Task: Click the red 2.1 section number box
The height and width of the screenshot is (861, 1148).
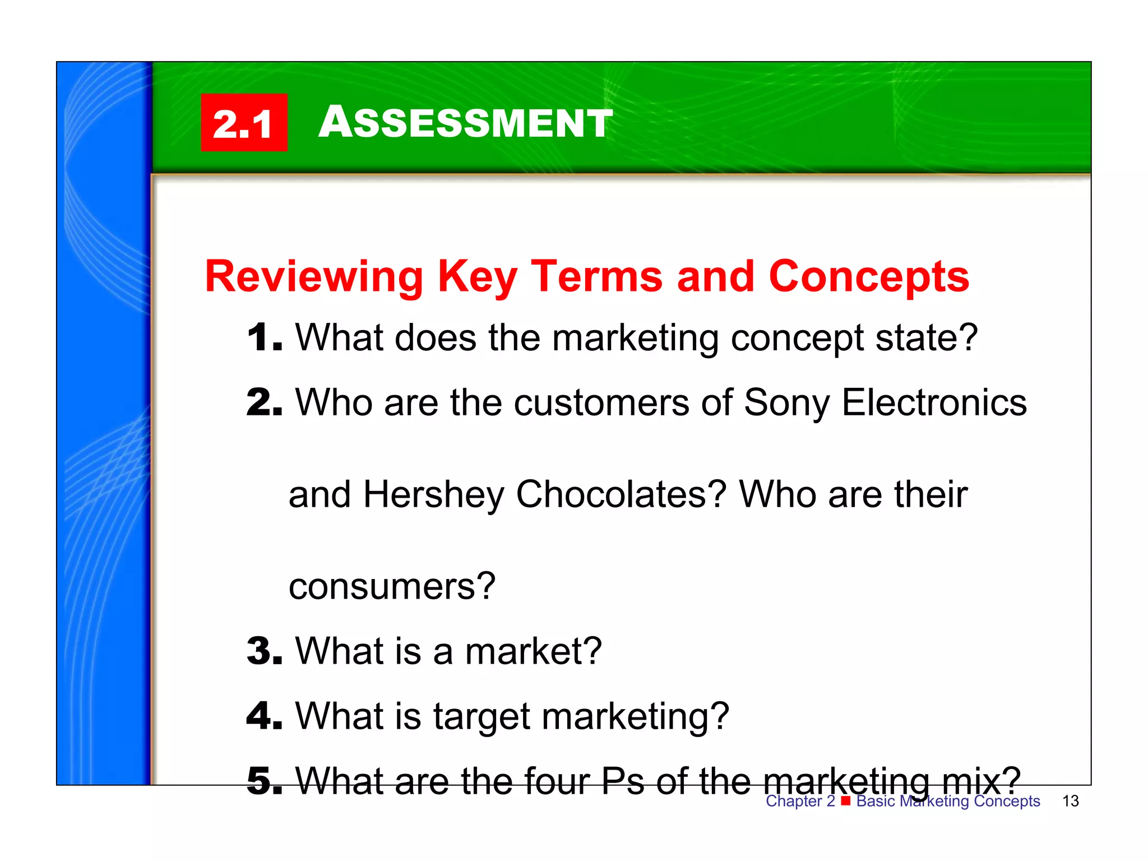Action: [244, 123]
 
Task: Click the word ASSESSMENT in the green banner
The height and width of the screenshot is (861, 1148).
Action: [465, 122]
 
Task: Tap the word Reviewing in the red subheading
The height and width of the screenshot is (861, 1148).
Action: [314, 277]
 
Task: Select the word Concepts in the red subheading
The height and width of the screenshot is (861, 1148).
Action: [869, 277]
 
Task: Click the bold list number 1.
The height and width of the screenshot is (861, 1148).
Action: [264, 338]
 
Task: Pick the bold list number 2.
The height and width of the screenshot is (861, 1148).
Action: [264, 402]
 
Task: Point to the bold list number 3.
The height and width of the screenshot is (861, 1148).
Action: [264, 651]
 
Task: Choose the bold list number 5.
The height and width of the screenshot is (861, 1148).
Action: [264, 781]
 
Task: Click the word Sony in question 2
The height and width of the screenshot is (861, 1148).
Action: [786, 404]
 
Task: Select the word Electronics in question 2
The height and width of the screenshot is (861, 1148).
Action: [934, 402]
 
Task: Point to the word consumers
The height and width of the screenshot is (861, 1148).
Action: [392, 587]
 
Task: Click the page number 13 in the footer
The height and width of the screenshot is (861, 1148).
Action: [1070, 801]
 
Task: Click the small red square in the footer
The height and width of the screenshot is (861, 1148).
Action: [845, 800]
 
